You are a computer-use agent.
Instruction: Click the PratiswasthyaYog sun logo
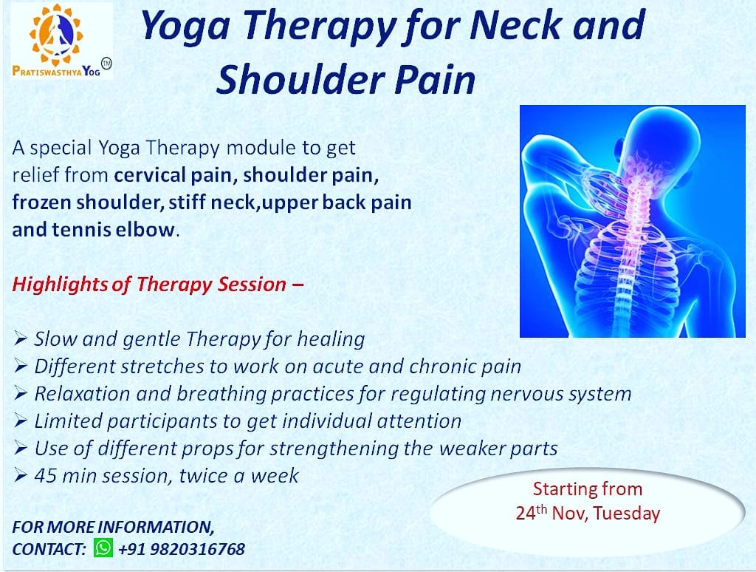click(x=55, y=35)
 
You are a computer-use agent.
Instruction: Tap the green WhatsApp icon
click(x=103, y=548)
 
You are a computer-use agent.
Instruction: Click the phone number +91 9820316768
click(x=182, y=549)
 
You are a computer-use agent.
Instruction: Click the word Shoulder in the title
click(x=300, y=79)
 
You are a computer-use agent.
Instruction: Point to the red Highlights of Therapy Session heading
click(x=158, y=285)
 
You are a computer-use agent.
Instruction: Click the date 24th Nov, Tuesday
click(x=587, y=513)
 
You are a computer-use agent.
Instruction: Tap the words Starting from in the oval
click(x=587, y=488)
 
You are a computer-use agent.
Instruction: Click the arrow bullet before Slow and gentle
click(x=20, y=338)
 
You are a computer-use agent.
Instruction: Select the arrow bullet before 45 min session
click(x=20, y=475)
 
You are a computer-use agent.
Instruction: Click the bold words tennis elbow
click(x=113, y=229)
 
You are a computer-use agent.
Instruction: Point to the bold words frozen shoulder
click(x=86, y=202)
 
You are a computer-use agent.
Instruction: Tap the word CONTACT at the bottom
click(x=49, y=549)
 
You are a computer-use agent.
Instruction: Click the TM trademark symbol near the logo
click(x=106, y=63)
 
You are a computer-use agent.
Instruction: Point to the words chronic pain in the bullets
click(x=465, y=367)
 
